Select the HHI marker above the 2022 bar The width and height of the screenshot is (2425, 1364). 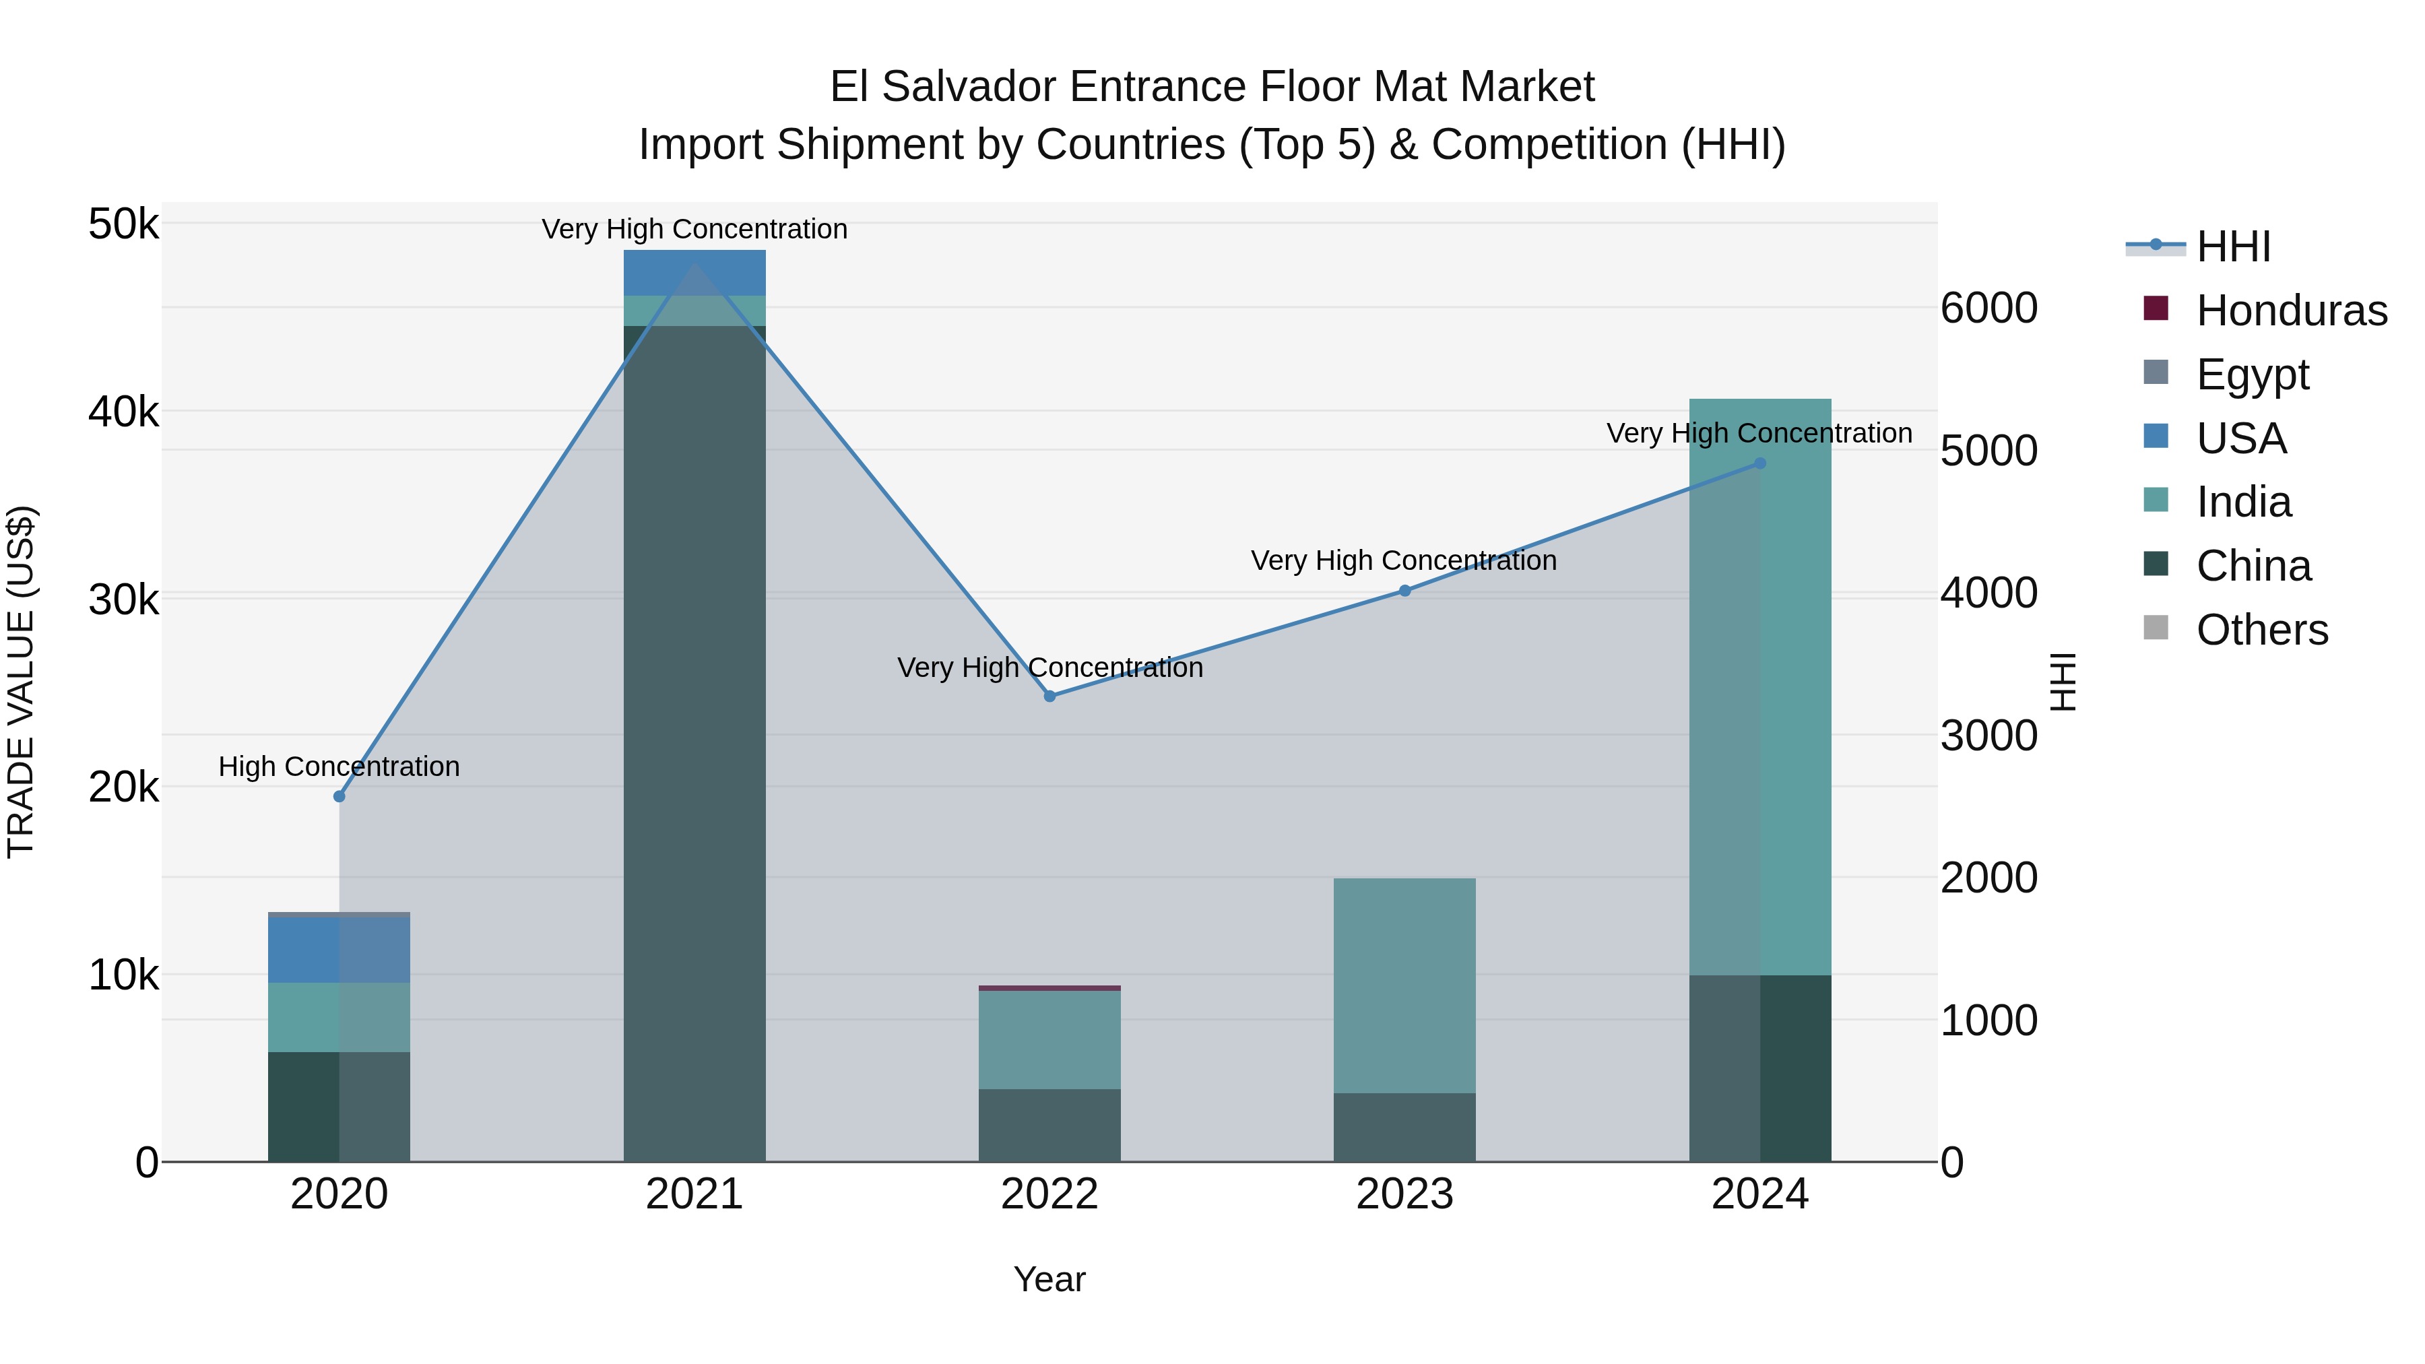[1049, 696]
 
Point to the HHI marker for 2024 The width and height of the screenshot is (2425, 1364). [1759, 463]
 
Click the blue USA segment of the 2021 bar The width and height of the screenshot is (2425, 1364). [694, 273]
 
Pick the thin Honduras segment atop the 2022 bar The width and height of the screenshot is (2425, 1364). [1049, 987]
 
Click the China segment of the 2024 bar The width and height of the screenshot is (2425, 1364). [1759, 1068]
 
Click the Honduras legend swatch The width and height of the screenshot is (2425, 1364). [2155, 308]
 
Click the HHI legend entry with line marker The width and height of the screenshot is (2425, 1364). [2197, 247]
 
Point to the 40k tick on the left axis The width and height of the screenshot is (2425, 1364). [123, 412]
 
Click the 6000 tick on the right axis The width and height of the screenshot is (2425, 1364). [1989, 308]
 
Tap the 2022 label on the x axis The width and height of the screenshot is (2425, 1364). [1049, 1194]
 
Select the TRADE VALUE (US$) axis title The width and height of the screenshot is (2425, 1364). [21, 682]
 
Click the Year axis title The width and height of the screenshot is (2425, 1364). [1049, 1279]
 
